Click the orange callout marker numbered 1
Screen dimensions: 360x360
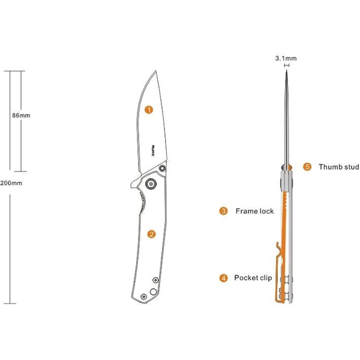pyautogui.click(x=149, y=110)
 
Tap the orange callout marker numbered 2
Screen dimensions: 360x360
pyautogui.click(x=151, y=234)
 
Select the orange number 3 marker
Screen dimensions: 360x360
pyautogui.click(x=223, y=211)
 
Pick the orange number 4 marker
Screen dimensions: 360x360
pyautogui.click(x=223, y=278)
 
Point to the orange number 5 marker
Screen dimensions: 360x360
pyautogui.click(x=307, y=167)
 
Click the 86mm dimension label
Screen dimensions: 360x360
pyautogui.click(x=21, y=115)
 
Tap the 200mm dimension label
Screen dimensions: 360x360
pyautogui.click(x=11, y=183)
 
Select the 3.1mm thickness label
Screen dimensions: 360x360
pyautogui.click(x=286, y=58)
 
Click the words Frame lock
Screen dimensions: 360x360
pyautogui.click(x=254, y=211)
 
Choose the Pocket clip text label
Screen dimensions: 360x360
pyautogui.click(x=253, y=278)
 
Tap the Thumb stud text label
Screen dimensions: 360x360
pyautogui.click(x=338, y=167)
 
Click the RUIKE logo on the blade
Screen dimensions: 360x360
pyautogui.click(x=153, y=151)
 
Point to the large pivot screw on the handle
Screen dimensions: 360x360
pyautogui.click(x=151, y=184)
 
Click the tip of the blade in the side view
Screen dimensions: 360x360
pyautogui.click(x=156, y=70)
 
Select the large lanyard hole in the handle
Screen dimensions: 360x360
pyautogui.click(x=153, y=292)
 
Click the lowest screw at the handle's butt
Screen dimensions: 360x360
pyautogui.click(x=144, y=296)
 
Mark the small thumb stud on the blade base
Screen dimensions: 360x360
pyautogui.click(x=163, y=168)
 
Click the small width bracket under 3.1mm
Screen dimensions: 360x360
pyautogui.click(x=287, y=65)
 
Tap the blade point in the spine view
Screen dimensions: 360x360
pyautogui.click(x=287, y=71)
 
